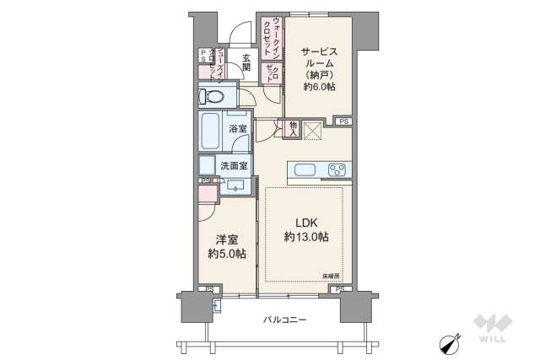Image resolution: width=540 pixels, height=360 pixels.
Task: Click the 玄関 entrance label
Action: pyautogui.click(x=246, y=63)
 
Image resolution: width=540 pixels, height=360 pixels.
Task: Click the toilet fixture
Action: pyautogui.click(x=214, y=97)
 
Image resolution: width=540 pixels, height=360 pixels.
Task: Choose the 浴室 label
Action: pyautogui.click(x=238, y=129)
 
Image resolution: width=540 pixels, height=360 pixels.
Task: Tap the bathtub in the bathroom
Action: pyautogui.click(x=211, y=132)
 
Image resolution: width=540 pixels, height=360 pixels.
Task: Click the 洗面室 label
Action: pyautogui.click(x=234, y=166)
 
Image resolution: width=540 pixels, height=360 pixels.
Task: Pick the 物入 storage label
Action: pyautogui.click(x=293, y=129)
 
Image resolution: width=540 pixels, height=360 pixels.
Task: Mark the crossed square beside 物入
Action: pyautogui.click(x=313, y=131)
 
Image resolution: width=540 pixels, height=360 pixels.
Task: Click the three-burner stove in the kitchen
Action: pyautogui.click(x=338, y=170)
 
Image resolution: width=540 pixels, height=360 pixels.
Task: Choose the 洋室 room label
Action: pyautogui.click(x=224, y=239)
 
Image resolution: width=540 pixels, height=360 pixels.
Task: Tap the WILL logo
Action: pyautogui.click(x=492, y=330)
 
